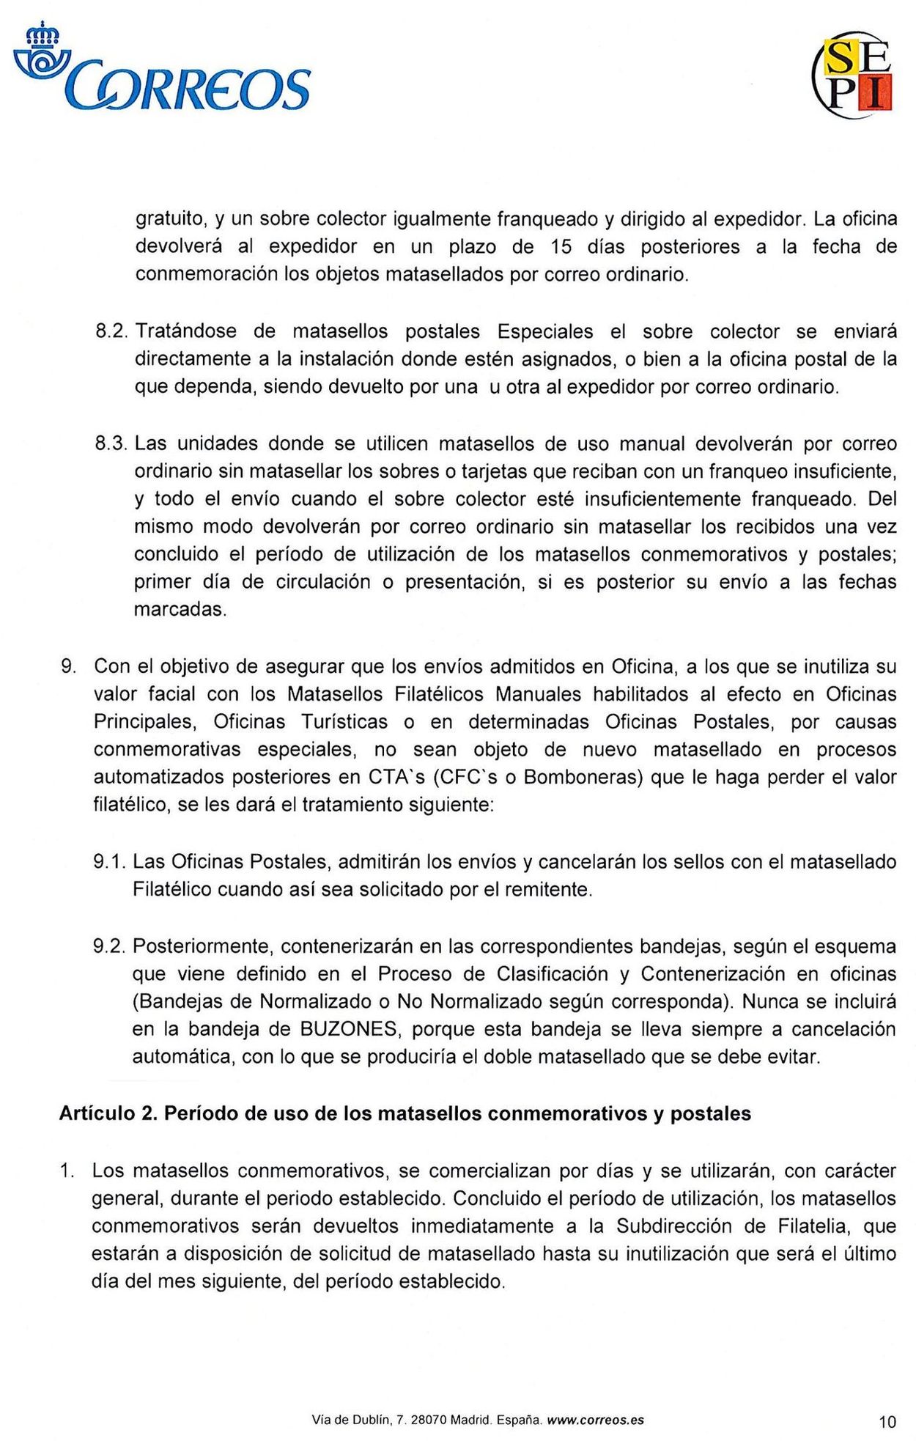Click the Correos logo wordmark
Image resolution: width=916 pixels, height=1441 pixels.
[189, 89]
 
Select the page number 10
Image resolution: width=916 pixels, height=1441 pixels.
[887, 1422]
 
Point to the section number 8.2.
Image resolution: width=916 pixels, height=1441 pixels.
[113, 332]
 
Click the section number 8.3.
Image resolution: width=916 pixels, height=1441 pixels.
[113, 444]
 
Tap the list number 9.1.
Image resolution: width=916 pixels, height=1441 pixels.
[111, 862]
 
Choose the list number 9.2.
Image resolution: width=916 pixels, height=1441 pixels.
[111, 946]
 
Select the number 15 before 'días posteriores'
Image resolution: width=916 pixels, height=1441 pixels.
[561, 247]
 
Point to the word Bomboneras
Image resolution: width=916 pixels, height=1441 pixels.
[583, 777]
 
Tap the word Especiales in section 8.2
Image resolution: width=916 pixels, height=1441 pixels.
[545, 332]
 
